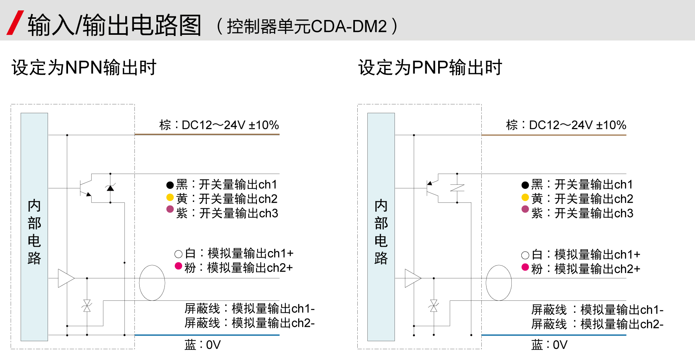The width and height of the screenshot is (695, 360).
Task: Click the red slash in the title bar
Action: point(15,23)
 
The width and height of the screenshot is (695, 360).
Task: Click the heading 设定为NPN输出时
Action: point(84,68)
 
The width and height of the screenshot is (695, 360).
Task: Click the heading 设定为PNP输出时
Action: point(430,68)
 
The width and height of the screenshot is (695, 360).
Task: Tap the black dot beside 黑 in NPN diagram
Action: point(170,185)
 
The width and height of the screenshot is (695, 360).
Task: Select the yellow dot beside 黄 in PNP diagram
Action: point(525,198)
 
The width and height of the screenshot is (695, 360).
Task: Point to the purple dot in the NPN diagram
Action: point(170,209)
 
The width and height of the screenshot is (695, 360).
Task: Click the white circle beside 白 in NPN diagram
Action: point(178,254)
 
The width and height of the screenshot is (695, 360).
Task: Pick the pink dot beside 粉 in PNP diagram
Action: point(525,267)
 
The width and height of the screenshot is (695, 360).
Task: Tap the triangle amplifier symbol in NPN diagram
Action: point(66,278)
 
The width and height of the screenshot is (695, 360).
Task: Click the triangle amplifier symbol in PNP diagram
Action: point(413,278)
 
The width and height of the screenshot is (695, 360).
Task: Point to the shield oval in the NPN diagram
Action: point(152,283)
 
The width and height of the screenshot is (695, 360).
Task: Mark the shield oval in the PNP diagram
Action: point(499,283)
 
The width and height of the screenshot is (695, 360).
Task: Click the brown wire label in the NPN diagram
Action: point(219,125)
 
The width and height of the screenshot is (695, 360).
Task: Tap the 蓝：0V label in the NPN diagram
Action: point(202,345)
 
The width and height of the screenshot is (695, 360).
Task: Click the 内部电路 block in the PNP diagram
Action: point(381,227)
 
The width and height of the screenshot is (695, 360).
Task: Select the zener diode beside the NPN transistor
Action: point(110,188)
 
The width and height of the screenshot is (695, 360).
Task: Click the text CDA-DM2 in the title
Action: point(349,26)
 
